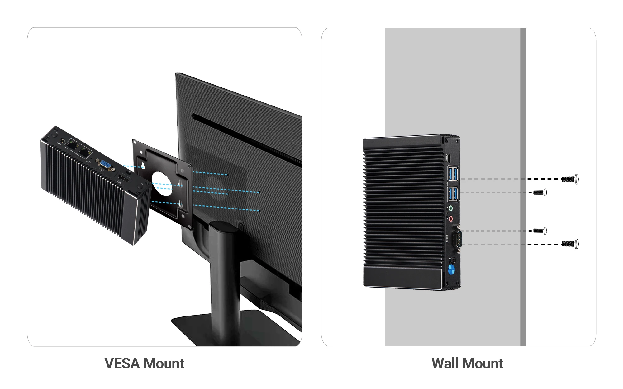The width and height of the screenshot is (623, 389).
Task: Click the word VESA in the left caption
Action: click(x=122, y=363)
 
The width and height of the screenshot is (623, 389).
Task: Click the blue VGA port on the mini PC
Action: click(x=106, y=165)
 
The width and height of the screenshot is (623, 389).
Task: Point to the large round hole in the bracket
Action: click(x=162, y=184)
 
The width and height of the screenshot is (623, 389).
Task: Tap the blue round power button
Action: click(x=451, y=269)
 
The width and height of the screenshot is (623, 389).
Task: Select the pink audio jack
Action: click(x=451, y=219)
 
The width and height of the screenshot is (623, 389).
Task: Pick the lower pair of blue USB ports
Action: click(x=453, y=194)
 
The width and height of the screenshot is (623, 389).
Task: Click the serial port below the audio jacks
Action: click(x=457, y=239)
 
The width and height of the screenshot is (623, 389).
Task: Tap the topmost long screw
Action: click(x=570, y=179)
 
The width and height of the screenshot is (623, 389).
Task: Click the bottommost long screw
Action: click(x=570, y=244)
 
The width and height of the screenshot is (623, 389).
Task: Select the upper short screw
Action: click(x=540, y=192)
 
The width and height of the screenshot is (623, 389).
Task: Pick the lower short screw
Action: click(x=540, y=231)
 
